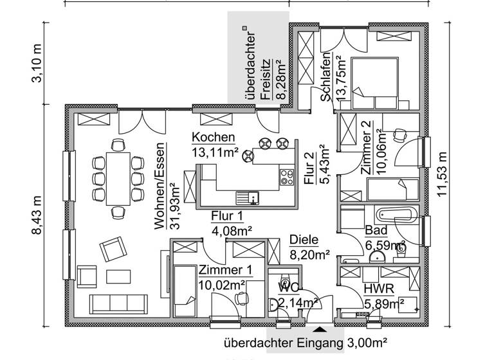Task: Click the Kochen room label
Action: click(213, 138)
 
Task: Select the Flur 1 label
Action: click(227, 215)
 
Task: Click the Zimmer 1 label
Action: click(221, 271)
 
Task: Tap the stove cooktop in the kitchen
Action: click(286, 177)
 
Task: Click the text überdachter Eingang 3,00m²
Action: click(305, 343)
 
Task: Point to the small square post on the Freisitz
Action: click(244, 28)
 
